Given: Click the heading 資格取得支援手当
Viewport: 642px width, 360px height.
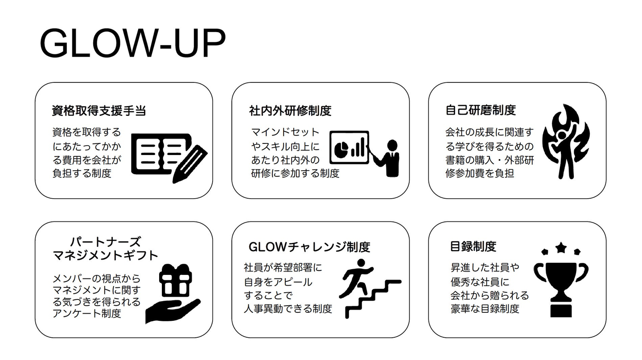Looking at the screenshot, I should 99,111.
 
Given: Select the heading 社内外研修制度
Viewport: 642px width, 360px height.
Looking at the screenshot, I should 290,110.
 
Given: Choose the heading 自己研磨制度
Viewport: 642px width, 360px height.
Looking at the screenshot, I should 481,110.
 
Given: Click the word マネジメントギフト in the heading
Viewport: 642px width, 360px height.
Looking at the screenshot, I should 106,255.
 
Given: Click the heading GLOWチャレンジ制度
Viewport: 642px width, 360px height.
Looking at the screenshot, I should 309,246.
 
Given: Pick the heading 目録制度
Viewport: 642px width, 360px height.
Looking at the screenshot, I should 473,246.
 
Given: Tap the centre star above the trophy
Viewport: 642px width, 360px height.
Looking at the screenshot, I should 561,247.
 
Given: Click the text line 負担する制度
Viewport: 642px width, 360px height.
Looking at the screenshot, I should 82,173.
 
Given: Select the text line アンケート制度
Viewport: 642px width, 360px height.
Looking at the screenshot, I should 87,313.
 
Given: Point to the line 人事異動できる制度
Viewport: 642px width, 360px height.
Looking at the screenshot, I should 288,309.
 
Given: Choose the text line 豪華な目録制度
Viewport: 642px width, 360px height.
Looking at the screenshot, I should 485,309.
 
